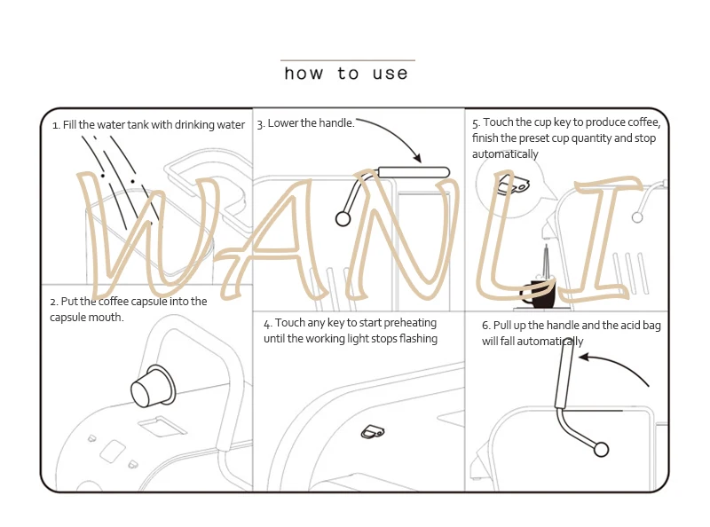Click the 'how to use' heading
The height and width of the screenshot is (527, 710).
tap(346, 74)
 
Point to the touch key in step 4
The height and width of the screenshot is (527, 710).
tap(372, 432)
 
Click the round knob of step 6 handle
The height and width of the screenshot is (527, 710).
tap(601, 450)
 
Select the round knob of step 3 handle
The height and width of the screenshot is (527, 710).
tap(343, 217)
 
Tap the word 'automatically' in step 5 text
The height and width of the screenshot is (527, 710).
tap(505, 154)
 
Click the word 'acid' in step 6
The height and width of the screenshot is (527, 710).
tap(619, 326)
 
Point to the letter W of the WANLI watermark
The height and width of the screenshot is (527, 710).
tap(151, 235)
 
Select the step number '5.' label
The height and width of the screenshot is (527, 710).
tap(476, 123)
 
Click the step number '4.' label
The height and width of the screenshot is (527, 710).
tap(267, 323)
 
